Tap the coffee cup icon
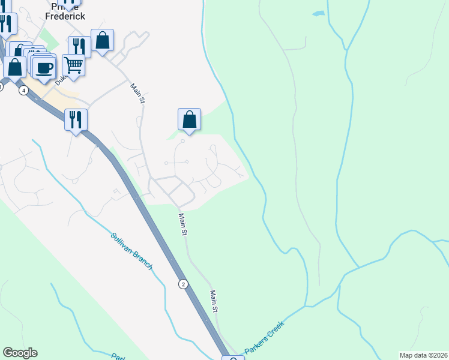pyautogui.click(x=44, y=67)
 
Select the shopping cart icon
pyautogui.click(x=73, y=64)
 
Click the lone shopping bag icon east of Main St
pyautogui.click(x=189, y=119)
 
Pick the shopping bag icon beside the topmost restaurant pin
pyautogui.click(x=103, y=40)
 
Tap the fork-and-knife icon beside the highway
pyautogui.click(x=76, y=119)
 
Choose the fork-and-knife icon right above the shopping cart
pyautogui.click(x=79, y=46)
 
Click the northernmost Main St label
pyautogui.click(x=138, y=93)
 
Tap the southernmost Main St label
pyautogui.click(x=214, y=301)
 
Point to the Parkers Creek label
pyautogui.click(x=264, y=337)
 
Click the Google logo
pyautogui.click(x=20, y=353)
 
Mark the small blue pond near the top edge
pyautogui.click(x=318, y=13)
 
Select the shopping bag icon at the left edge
pyautogui.click(x=14, y=67)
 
